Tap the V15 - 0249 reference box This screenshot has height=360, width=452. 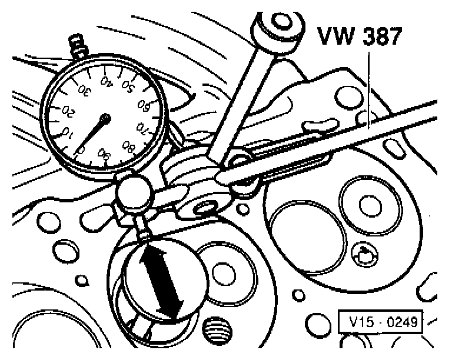coord(380,322)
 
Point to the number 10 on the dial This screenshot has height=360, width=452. coord(67,134)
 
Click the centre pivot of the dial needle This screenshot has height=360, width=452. coord(105,119)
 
